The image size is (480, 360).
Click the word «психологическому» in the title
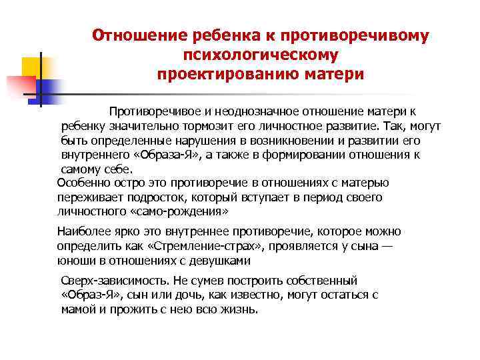pyautogui.click(x=260, y=53)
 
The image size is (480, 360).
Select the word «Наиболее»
pyautogui.click(x=83, y=231)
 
